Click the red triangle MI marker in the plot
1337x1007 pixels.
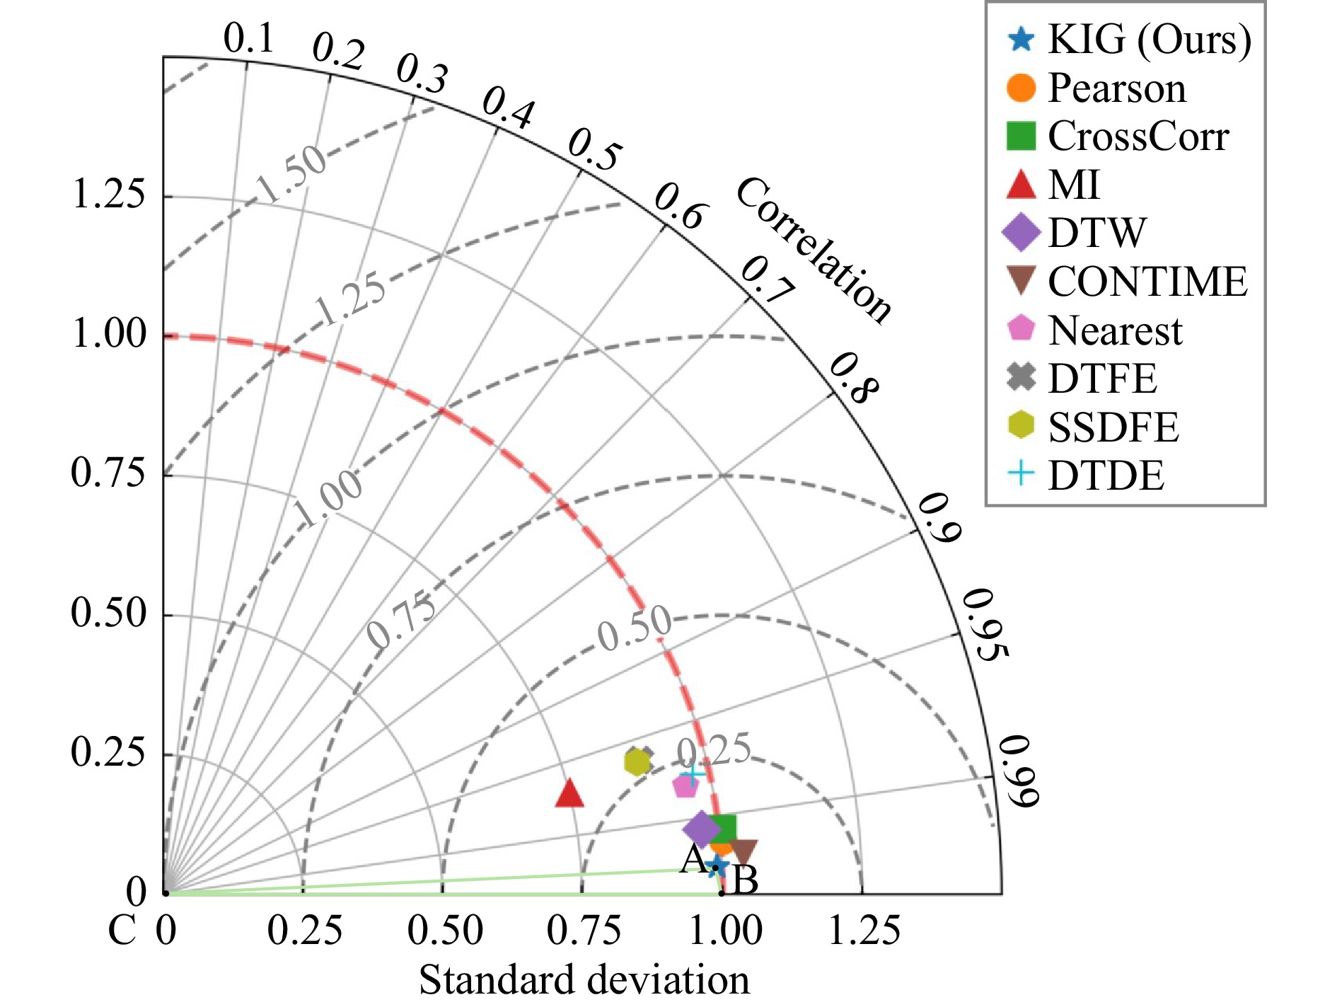[x=569, y=793]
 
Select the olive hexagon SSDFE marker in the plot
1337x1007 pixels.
[x=637, y=761]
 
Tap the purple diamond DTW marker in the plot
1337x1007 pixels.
[x=700, y=828]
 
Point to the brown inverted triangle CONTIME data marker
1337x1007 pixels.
[x=744, y=851]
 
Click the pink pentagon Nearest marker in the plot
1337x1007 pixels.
[x=685, y=784]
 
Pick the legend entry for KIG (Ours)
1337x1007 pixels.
[x=1129, y=40]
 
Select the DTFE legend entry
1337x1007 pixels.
[x=1082, y=378]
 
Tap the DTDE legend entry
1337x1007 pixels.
[x=1086, y=475]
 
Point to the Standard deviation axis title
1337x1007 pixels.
[x=584, y=981]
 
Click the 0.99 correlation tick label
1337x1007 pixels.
[x=1019, y=771]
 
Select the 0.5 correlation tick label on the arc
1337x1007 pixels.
[x=595, y=149]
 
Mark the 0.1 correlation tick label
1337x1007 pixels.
[x=249, y=38]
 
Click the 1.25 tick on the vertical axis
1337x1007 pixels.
[x=109, y=194]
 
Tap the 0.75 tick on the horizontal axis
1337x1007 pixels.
[x=584, y=930]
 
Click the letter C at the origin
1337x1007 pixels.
[x=122, y=931]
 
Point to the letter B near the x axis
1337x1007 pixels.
[x=746, y=880]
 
